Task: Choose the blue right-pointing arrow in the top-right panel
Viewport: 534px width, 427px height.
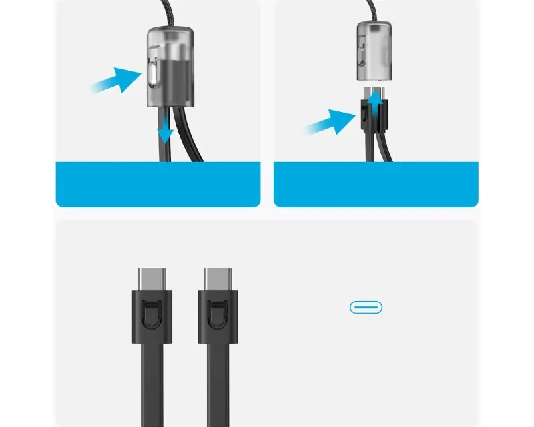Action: pyautogui.click(x=328, y=123)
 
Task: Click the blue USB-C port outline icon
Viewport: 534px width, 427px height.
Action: pyautogui.click(x=366, y=307)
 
